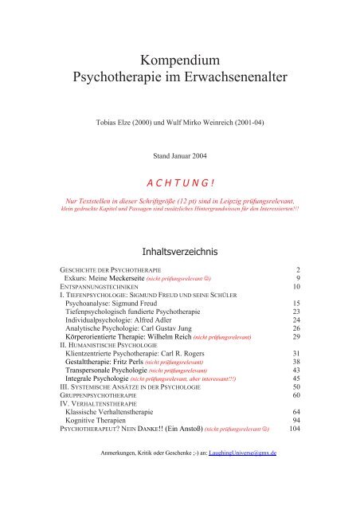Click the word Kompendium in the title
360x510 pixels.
coord(179,60)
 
